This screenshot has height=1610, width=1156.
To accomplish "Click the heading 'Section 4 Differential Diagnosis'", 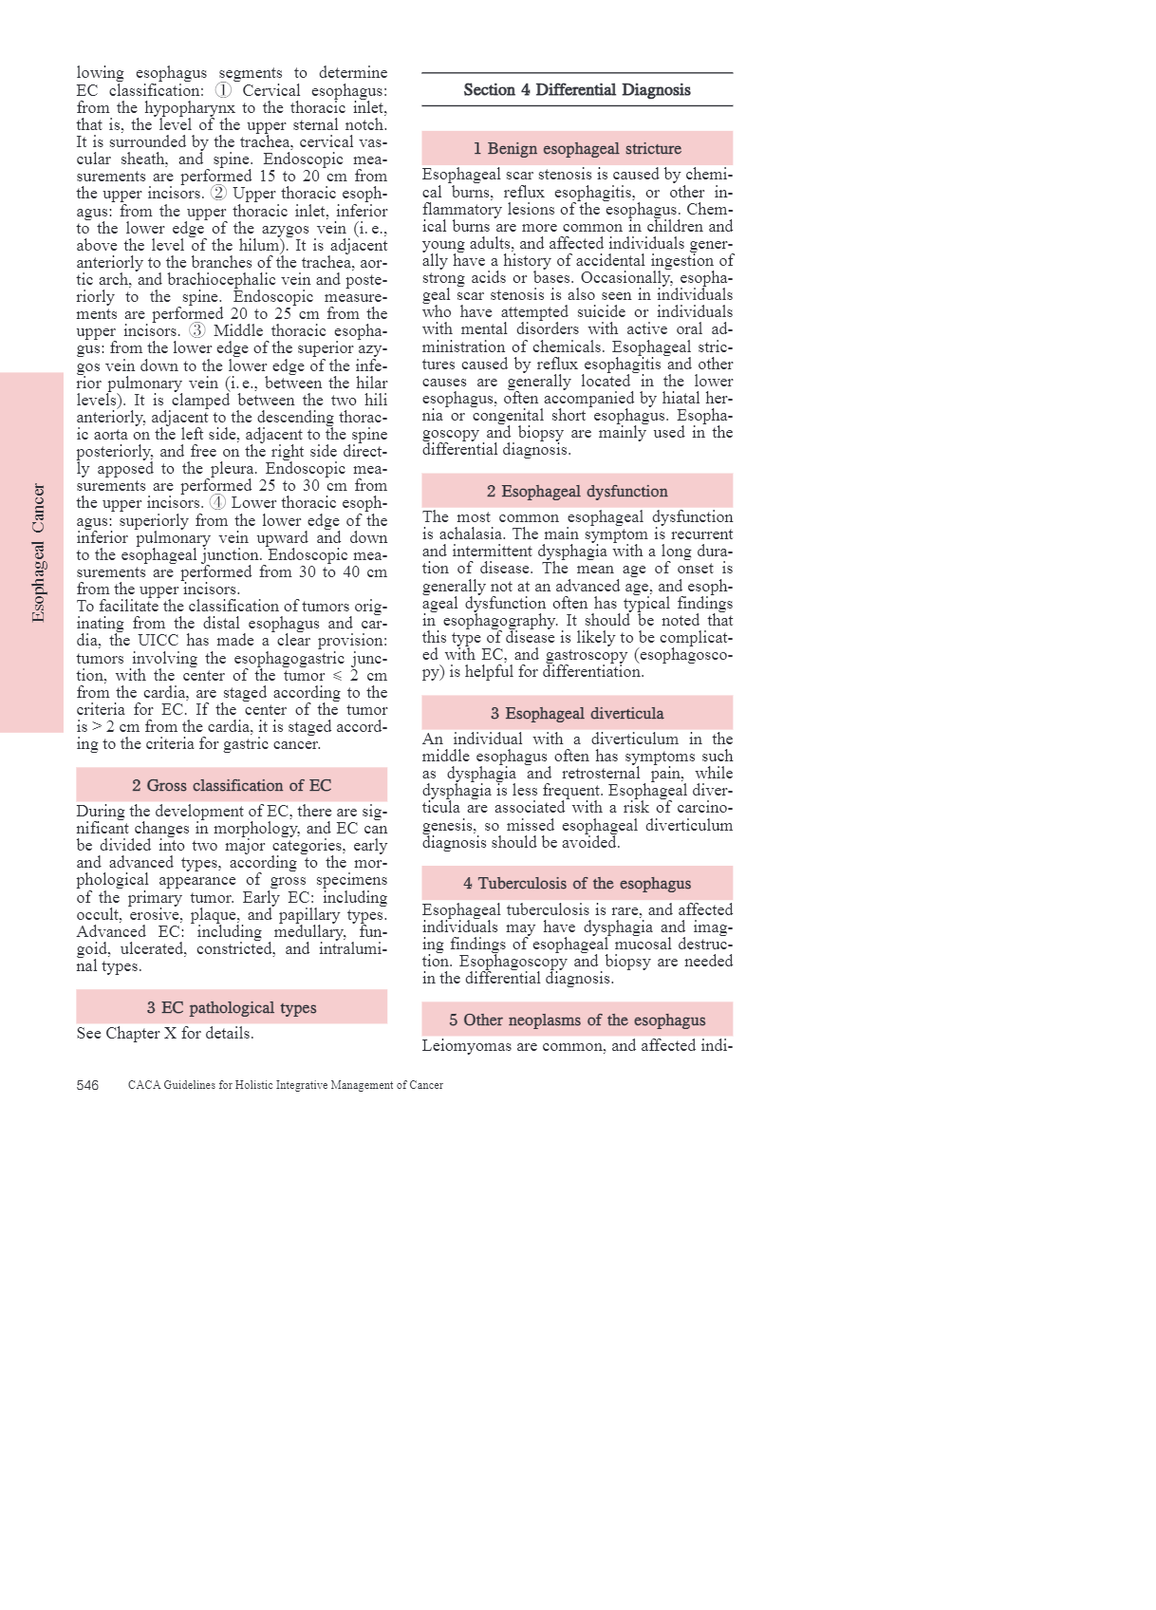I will click(x=577, y=90).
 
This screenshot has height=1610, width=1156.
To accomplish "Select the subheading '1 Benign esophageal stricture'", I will click(x=577, y=149).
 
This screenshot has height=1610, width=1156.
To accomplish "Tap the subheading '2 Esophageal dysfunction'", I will click(x=577, y=492).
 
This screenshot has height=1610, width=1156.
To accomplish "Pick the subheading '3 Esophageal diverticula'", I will click(x=577, y=714).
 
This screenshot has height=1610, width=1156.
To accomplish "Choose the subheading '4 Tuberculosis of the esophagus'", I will click(x=577, y=884).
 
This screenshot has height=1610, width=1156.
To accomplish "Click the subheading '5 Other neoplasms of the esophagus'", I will click(x=577, y=1020).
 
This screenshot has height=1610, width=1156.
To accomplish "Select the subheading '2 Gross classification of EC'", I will click(x=232, y=786).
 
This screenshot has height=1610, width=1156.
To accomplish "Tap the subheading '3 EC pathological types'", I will click(x=232, y=1008).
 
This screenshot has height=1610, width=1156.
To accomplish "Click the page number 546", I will click(x=87, y=1086).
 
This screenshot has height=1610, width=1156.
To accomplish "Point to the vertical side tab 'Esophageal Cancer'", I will click(x=38, y=552).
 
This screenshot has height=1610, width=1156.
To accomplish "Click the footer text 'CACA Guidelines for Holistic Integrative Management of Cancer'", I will click(x=286, y=1086).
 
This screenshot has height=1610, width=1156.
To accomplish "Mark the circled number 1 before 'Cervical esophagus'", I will click(x=223, y=91).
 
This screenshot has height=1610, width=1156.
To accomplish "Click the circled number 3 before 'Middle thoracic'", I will click(x=196, y=331).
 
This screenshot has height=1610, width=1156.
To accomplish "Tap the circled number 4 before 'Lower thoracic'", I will click(x=217, y=503).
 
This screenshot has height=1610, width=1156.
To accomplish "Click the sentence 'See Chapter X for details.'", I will click(x=165, y=1034).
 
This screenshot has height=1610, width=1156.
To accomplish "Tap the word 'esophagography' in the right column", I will click(x=499, y=621).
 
